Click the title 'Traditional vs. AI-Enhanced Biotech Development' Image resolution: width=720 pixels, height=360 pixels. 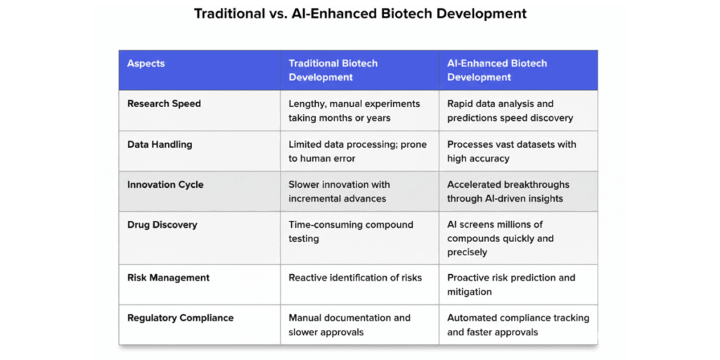point(360,14)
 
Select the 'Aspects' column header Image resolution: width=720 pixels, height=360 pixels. point(146,63)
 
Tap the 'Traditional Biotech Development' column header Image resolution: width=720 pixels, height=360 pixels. point(333,70)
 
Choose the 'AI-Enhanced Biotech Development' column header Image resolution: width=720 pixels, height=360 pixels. point(496,70)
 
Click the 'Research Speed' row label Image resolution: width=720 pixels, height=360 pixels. point(164,103)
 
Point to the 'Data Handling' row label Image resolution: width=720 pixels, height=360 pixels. point(160,144)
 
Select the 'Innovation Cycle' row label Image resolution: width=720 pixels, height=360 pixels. point(165,184)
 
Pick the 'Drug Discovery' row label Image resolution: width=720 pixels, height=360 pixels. point(162,224)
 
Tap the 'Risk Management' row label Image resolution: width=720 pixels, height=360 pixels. point(168,278)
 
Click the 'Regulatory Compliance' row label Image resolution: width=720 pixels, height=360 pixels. point(180,318)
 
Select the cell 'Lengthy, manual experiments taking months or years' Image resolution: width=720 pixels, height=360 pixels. point(354,110)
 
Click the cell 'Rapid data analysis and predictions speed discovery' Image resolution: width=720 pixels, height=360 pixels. point(510,110)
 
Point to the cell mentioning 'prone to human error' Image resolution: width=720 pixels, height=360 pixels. point(357,151)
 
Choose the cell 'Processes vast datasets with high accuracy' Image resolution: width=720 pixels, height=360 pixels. point(511,151)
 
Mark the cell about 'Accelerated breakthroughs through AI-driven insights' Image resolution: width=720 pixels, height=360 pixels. point(508,191)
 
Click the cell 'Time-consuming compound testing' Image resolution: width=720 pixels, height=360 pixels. point(350,231)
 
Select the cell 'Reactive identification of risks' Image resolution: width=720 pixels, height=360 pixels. point(355,278)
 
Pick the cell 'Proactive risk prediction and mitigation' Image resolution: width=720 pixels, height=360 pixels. point(510,284)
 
